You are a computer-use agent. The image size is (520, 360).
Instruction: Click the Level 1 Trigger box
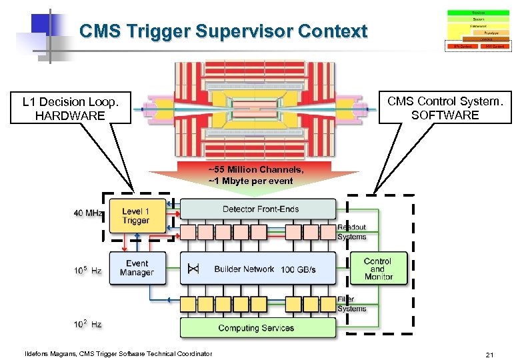coord(136,216)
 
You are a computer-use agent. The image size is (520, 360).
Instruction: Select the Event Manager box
coord(137,267)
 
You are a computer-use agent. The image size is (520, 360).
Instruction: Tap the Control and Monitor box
coord(378,269)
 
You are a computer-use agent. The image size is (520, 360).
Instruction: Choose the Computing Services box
coord(256,327)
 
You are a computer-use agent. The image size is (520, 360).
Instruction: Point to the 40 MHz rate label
coord(88,213)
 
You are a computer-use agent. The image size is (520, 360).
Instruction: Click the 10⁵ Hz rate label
coord(88,271)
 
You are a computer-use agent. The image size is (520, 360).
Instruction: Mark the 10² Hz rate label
coord(88,324)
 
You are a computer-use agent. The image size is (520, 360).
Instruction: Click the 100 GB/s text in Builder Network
coord(298,269)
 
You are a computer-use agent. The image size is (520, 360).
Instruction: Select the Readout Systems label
coord(351,232)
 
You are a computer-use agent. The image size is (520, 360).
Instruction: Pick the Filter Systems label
coord(351,304)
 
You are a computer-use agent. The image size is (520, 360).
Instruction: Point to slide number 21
coord(489,354)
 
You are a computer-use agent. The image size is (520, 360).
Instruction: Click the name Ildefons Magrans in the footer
coord(50,353)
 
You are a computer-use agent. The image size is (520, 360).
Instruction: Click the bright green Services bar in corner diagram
coord(478,12)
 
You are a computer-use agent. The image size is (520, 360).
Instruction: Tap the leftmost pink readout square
coord(189,231)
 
